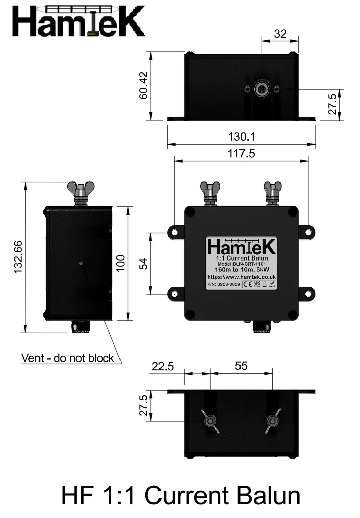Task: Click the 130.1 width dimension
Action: [x=241, y=136]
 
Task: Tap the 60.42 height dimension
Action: [x=143, y=85]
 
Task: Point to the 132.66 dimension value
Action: [x=18, y=257]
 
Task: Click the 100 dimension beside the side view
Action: [x=121, y=263]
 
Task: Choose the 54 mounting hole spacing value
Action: [x=143, y=263]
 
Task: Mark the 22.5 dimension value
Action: [x=163, y=366]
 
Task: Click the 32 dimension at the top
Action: [x=280, y=34]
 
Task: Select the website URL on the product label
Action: [x=241, y=277]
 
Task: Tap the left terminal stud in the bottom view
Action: [x=209, y=421]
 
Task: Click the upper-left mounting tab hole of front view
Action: [x=175, y=232]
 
